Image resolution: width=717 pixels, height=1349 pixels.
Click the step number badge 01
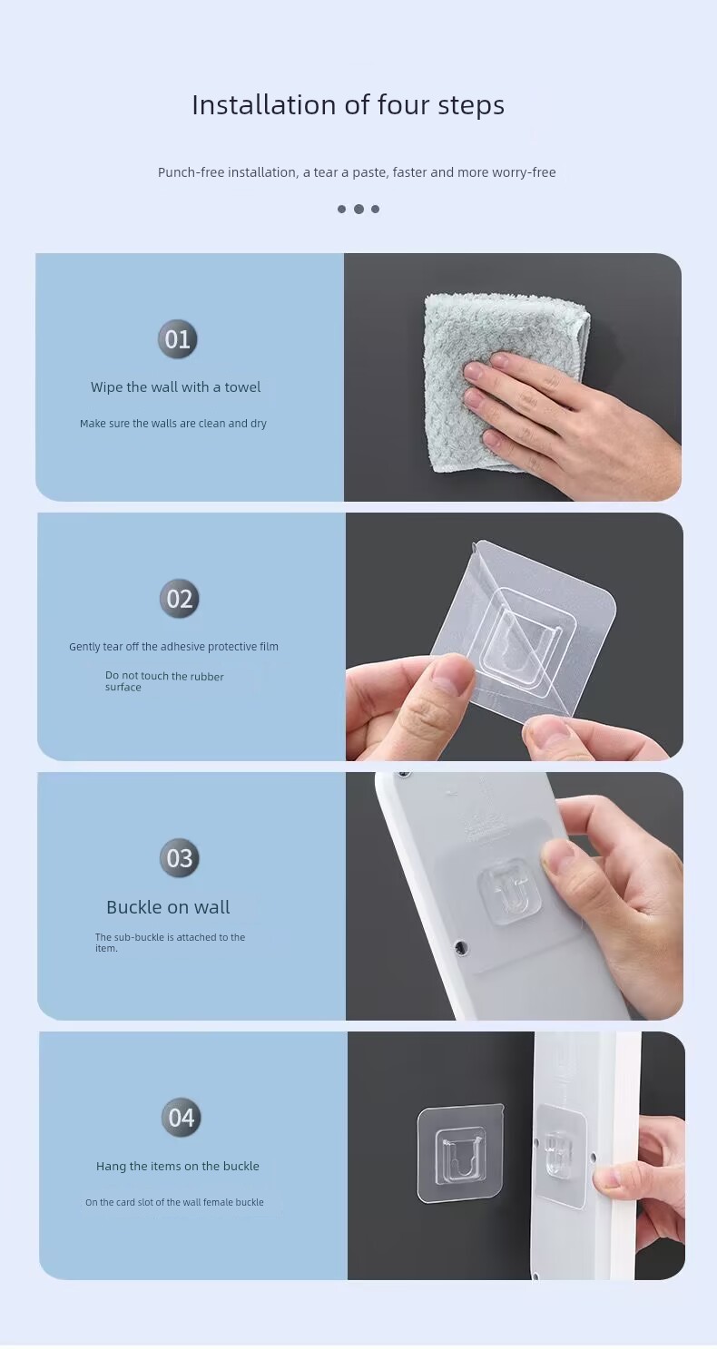(x=178, y=339)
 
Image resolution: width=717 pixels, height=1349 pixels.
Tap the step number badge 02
(x=179, y=599)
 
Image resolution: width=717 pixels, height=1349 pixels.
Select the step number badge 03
(x=180, y=858)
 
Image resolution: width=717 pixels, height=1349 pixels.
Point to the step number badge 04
(x=181, y=1118)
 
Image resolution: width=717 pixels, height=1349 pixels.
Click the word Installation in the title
(x=264, y=105)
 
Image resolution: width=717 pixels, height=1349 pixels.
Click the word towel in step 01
(x=243, y=387)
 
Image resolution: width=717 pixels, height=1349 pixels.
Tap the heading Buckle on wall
(x=168, y=907)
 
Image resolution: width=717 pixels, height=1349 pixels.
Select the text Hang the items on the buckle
(x=178, y=1166)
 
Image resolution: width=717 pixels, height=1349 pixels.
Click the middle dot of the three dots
(x=358, y=209)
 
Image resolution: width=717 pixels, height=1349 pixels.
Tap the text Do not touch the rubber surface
(x=164, y=681)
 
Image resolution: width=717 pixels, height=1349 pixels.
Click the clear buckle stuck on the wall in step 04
(x=460, y=1155)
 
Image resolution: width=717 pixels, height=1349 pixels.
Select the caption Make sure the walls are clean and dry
(x=173, y=424)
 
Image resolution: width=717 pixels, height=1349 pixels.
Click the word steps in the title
(x=471, y=106)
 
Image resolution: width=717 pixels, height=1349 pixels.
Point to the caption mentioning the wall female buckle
(x=174, y=1202)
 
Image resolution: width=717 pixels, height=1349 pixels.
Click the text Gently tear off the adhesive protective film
(x=173, y=647)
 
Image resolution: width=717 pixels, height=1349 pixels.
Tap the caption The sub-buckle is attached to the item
(x=170, y=943)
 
